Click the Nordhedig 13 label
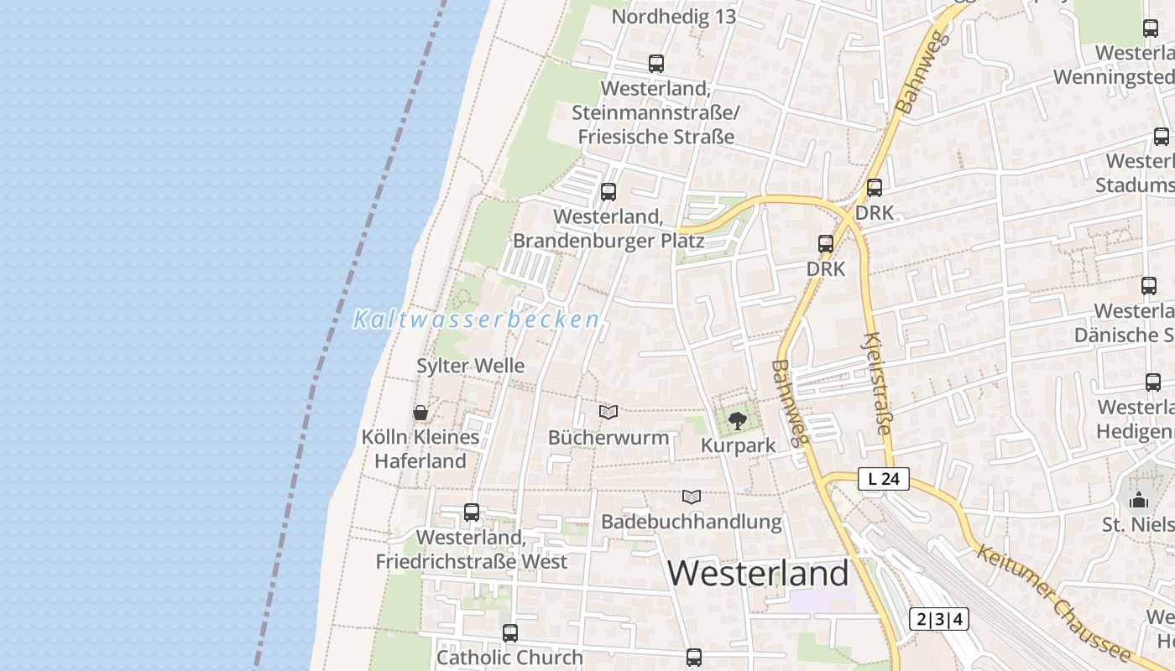[673, 17]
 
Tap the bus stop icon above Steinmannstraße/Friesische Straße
[655, 63]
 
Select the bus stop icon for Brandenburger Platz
[608, 192]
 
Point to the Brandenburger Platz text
[608, 241]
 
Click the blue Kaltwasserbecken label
[476, 320]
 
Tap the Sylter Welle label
[471, 366]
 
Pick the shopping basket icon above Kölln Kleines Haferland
[420, 413]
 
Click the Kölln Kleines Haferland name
[420, 449]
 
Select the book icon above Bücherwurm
[608, 413]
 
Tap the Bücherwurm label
[608, 437]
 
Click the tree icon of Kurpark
[738, 421]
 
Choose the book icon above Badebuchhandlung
[691, 497]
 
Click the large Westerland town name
[758, 574]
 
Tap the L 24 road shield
[884, 479]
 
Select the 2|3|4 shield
[939, 620]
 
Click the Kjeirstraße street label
[876, 383]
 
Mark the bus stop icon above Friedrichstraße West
[472, 512]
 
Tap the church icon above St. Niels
[1139, 500]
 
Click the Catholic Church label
[509, 658]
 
